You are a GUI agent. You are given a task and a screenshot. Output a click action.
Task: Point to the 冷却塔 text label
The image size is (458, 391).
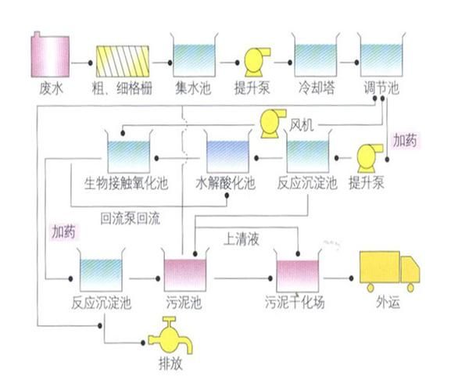(316, 88)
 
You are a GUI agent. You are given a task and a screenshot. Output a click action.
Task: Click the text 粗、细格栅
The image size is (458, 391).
(120, 88)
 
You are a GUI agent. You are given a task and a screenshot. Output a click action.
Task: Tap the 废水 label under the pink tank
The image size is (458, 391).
(49, 88)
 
